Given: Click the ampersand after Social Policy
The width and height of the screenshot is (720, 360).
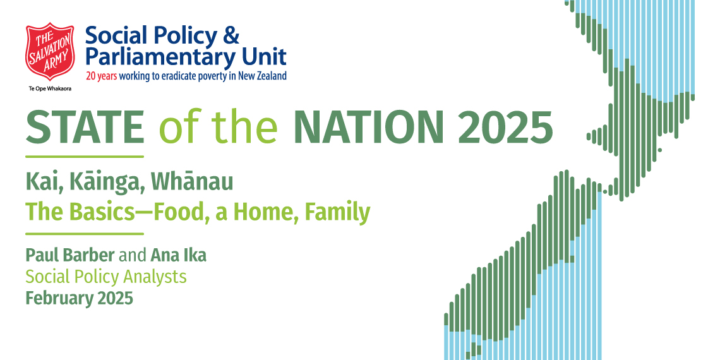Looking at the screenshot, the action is pyautogui.click(x=231, y=36).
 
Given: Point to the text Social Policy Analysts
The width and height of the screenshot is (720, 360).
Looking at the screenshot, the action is pyautogui.click(x=106, y=277).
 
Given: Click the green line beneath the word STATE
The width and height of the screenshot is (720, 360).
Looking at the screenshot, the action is pyautogui.click(x=85, y=157).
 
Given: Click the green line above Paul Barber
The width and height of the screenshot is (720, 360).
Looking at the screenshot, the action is pyautogui.click(x=85, y=234).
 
